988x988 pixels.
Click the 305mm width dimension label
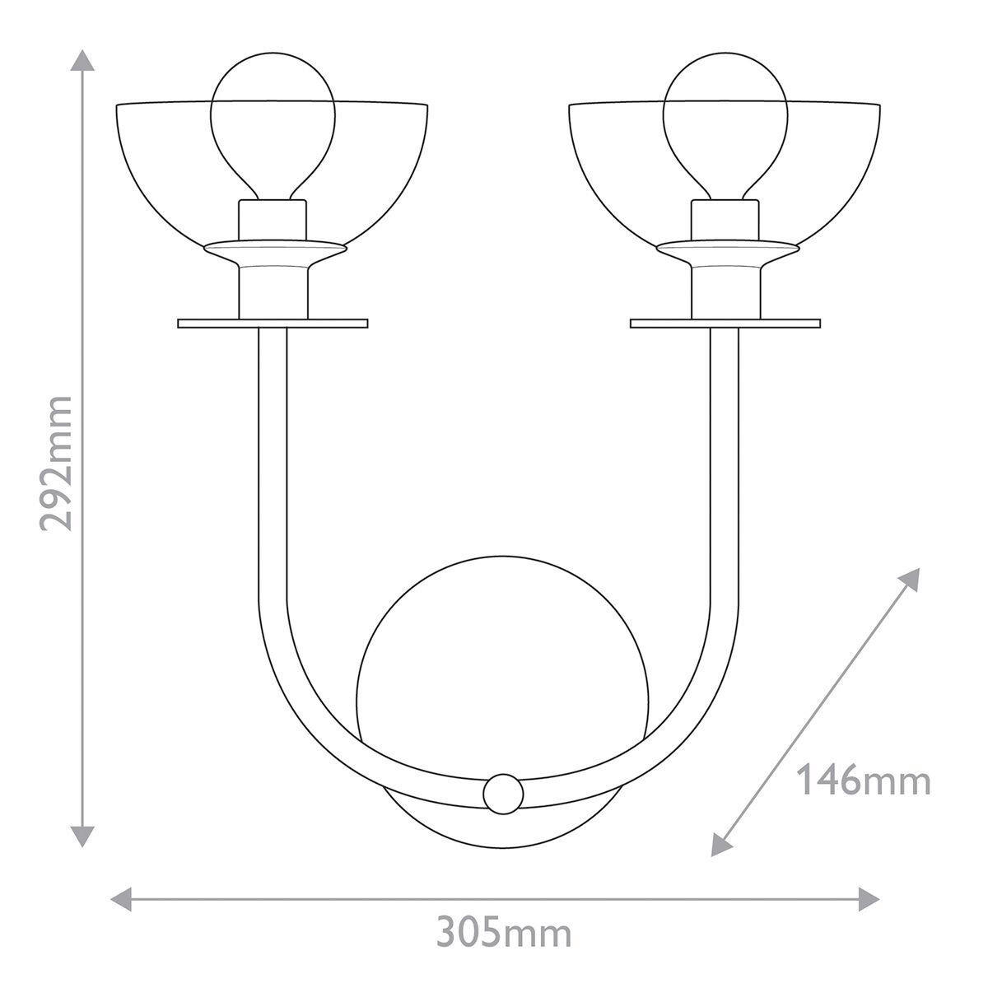click(x=503, y=934)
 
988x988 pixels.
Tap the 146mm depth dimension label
click(x=864, y=780)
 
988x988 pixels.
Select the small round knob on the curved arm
click(x=503, y=794)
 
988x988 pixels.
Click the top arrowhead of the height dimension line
click(x=82, y=59)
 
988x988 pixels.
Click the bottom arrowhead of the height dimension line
click(x=82, y=836)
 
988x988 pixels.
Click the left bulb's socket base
click(x=273, y=219)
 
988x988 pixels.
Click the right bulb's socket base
click(x=725, y=219)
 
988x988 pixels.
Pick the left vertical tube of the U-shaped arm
click(x=273, y=461)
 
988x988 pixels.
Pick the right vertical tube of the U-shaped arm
click(x=725, y=461)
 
